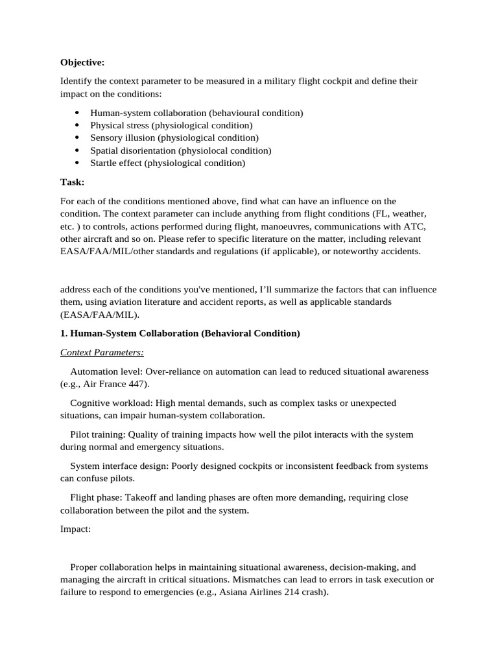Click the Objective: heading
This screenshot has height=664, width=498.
82,62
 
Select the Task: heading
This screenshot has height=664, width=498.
72,182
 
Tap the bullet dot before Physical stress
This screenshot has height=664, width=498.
78,125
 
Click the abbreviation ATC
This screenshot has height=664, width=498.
418,226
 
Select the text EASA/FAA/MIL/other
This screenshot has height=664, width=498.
101,251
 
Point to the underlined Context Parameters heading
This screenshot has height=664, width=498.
102,352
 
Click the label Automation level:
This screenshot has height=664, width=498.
106,372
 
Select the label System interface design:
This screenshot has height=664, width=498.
120,466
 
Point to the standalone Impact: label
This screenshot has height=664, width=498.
76,529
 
